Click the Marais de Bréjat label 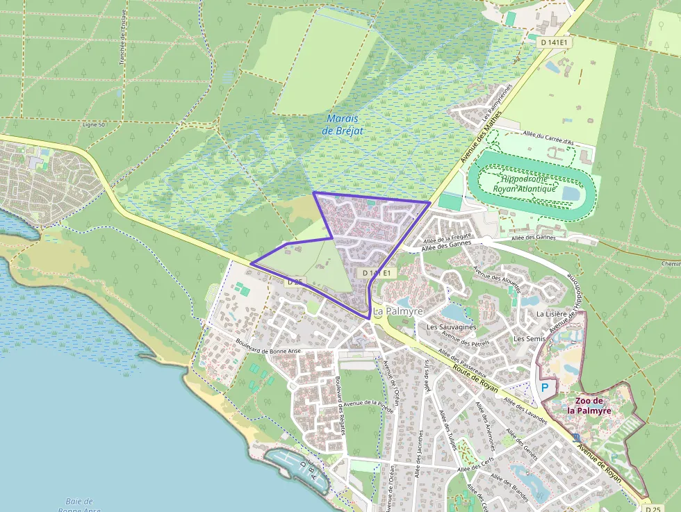pyautogui.click(x=345, y=124)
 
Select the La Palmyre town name pyautogui.click(x=397, y=312)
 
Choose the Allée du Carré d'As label pyautogui.click(x=549, y=138)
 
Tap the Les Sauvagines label pyautogui.click(x=451, y=327)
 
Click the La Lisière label pyautogui.click(x=552, y=314)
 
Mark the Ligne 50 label pyautogui.click(x=93, y=124)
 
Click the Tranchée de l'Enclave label pyautogui.click(x=123, y=37)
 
